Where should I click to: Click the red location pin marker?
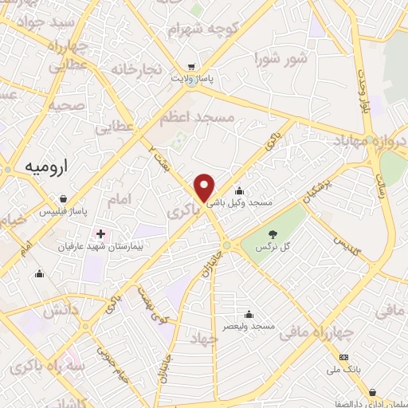(205, 187)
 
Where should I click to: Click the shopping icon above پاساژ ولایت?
(191, 67)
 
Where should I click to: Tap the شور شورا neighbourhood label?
(280, 59)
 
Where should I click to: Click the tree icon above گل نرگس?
(273, 234)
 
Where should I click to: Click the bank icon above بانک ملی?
(344, 357)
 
